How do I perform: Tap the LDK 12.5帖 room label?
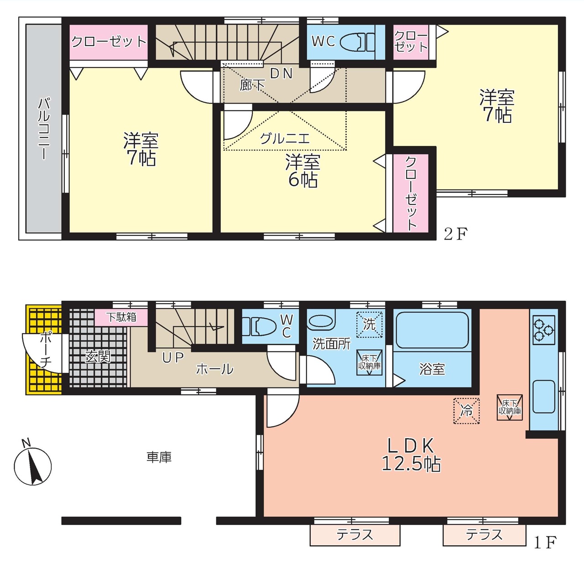411,455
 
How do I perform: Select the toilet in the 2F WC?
357,42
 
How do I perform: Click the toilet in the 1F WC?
259,326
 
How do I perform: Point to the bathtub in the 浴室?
432,330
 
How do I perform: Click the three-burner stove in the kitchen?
544,330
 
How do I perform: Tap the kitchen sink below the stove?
544,397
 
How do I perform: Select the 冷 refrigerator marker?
466,411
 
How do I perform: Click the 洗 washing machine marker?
370,325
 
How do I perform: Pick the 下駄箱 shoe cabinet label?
121,317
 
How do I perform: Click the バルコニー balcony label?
44,128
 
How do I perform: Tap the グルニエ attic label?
285,139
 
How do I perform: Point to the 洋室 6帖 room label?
302,171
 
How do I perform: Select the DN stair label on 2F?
281,73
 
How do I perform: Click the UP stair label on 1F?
173,357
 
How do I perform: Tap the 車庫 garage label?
159,457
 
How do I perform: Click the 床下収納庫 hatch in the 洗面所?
370,362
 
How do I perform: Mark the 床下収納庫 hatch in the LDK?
510,408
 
